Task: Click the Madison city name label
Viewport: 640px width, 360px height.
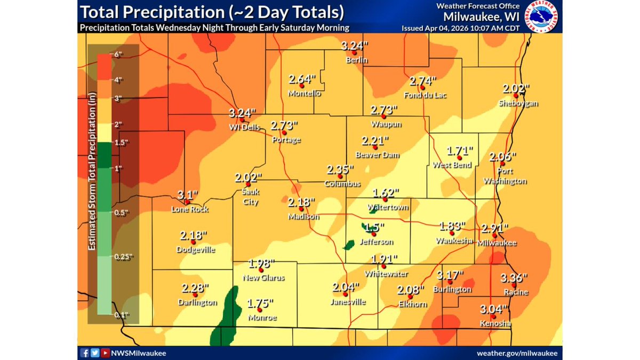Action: (x=303, y=217)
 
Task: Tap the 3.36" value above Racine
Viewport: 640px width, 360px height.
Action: (x=514, y=278)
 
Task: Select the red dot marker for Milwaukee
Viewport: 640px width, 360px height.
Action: (x=494, y=235)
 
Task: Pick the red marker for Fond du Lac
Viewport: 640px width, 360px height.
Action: (x=422, y=87)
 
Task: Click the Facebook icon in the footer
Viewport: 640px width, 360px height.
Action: (x=85, y=353)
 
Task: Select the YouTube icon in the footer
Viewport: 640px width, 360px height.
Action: (x=105, y=353)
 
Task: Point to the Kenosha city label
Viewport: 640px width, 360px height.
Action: (x=494, y=324)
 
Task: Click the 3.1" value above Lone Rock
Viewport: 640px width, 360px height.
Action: (x=188, y=195)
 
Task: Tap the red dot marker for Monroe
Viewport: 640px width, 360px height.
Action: (x=259, y=310)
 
